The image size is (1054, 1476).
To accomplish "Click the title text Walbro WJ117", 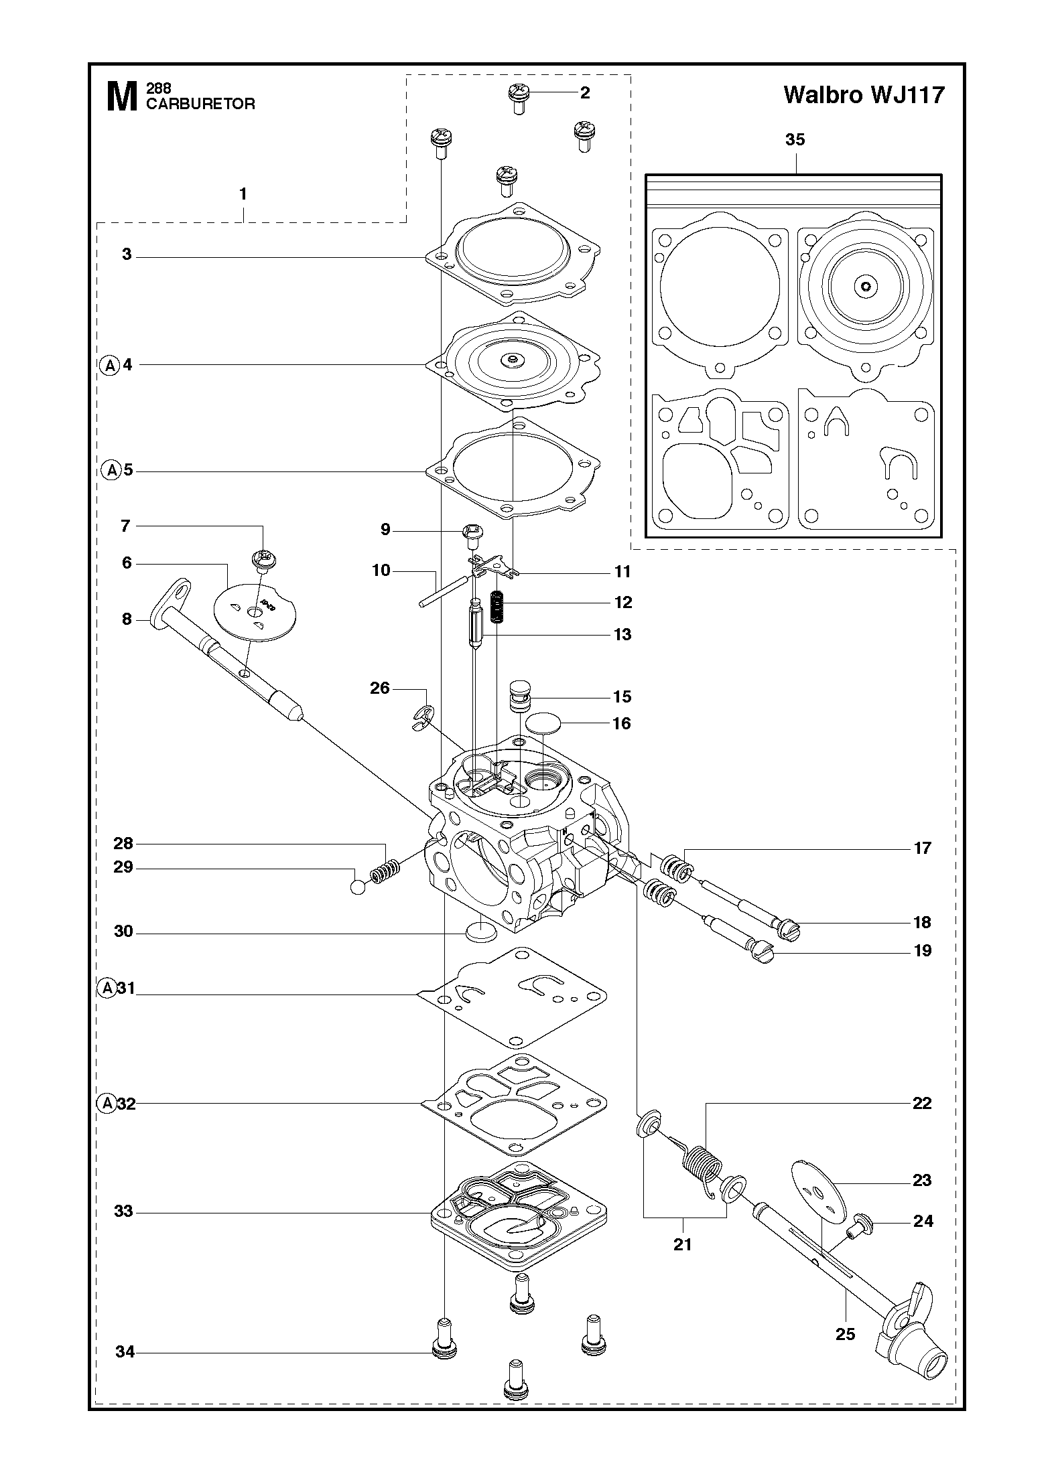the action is [864, 95].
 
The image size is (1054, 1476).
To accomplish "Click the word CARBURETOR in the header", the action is [200, 104].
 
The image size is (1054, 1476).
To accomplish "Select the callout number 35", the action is [795, 140].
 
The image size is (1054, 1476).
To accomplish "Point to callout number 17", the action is [922, 848].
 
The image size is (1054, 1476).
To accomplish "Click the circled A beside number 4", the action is [109, 366].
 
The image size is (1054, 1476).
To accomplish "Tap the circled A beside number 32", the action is [108, 1103].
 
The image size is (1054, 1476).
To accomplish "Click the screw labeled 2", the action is [519, 98].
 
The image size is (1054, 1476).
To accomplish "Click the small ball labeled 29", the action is [358, 888].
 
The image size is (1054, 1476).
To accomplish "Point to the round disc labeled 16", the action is [543, 723].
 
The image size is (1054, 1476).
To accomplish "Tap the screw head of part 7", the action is [264, 559].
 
